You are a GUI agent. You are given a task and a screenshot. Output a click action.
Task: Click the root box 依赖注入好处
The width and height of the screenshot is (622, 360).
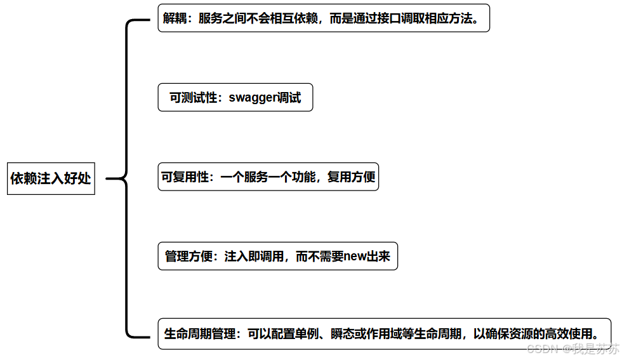point(51,178)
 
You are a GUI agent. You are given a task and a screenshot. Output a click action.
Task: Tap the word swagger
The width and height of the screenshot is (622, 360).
point(253,98)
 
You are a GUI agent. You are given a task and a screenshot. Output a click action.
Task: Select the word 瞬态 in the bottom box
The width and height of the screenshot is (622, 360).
point(343,333)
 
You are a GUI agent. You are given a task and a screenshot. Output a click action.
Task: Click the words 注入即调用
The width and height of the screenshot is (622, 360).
point(254,257)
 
